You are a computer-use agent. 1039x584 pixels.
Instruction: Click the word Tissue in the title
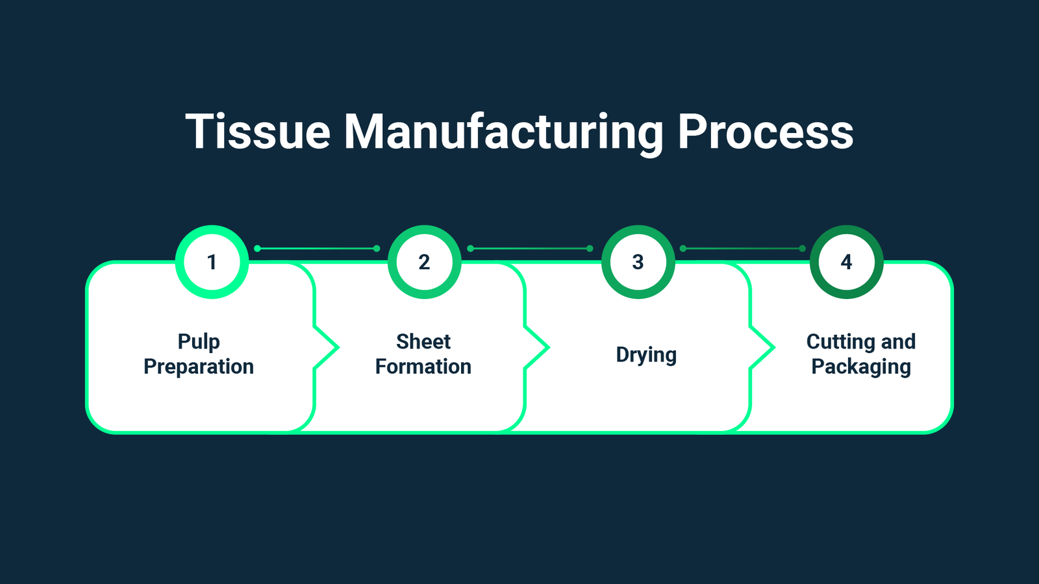[258, 132]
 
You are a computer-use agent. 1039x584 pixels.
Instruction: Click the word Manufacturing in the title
[503, 133]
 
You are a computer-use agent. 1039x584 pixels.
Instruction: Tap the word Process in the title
[765, 132]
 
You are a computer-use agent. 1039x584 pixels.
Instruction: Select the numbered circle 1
[212, 262]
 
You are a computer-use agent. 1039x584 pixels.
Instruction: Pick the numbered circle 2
[424, 262]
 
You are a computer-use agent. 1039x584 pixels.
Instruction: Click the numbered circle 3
[638, 262]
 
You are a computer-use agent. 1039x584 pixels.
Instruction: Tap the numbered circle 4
[846, 262]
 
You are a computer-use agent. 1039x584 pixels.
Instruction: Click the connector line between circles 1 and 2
[317, 249]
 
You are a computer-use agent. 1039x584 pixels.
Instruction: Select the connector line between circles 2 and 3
[529, 249]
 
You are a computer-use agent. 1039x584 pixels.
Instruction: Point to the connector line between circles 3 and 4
[742, 249]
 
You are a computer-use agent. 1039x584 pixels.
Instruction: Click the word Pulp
[199, 342]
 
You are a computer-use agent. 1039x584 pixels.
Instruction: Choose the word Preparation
[199, 367]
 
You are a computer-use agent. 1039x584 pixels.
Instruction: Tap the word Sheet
[423, 341]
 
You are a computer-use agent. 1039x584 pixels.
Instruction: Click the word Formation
[423, 367]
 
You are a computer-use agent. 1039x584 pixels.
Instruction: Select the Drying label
[646, 355]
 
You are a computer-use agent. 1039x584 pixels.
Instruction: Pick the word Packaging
[861, 367]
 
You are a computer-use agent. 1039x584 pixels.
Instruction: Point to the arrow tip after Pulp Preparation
[337, 348]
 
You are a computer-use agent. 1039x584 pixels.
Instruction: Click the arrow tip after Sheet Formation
[547, 348]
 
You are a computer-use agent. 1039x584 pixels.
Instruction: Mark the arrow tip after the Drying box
[773, 348]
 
